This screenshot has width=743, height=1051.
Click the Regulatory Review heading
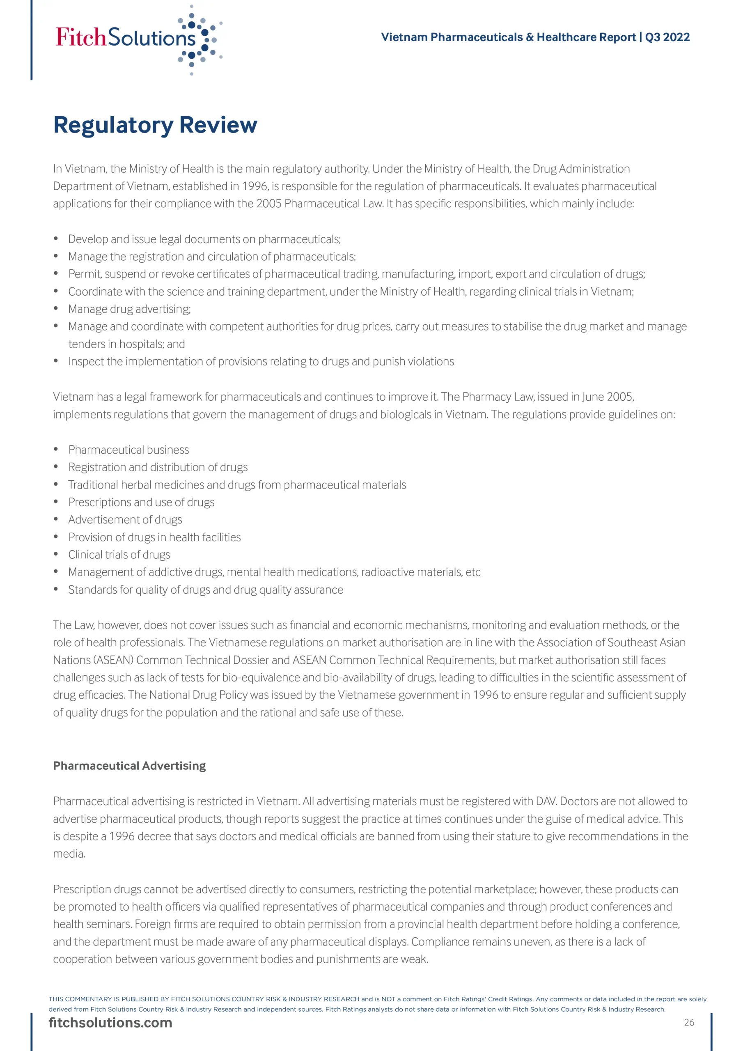click(155, 124)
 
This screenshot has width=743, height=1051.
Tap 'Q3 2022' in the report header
click(667, 37)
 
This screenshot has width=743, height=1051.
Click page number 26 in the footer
click(689, 1022)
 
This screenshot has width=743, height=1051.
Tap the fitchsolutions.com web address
click(110, 1022)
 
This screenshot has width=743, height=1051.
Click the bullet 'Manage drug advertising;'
click(129, 309)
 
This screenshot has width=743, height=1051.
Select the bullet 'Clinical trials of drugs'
click(119, 554)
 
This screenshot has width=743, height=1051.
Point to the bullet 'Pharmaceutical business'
click(128, 450)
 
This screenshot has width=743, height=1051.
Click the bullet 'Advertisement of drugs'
click(125, 520)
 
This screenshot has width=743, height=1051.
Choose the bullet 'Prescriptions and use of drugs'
click(141, 502)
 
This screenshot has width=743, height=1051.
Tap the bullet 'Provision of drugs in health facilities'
click(154, 537)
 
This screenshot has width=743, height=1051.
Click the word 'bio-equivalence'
click(261, 677)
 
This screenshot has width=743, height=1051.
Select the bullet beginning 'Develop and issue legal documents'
click(204, 239)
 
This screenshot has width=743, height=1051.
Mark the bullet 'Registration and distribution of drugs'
click(158, 467)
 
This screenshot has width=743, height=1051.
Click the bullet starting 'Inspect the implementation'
click(261, 361)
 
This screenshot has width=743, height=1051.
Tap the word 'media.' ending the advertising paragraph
click(69, 853)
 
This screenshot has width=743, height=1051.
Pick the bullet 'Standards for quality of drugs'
click(206, 590)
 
